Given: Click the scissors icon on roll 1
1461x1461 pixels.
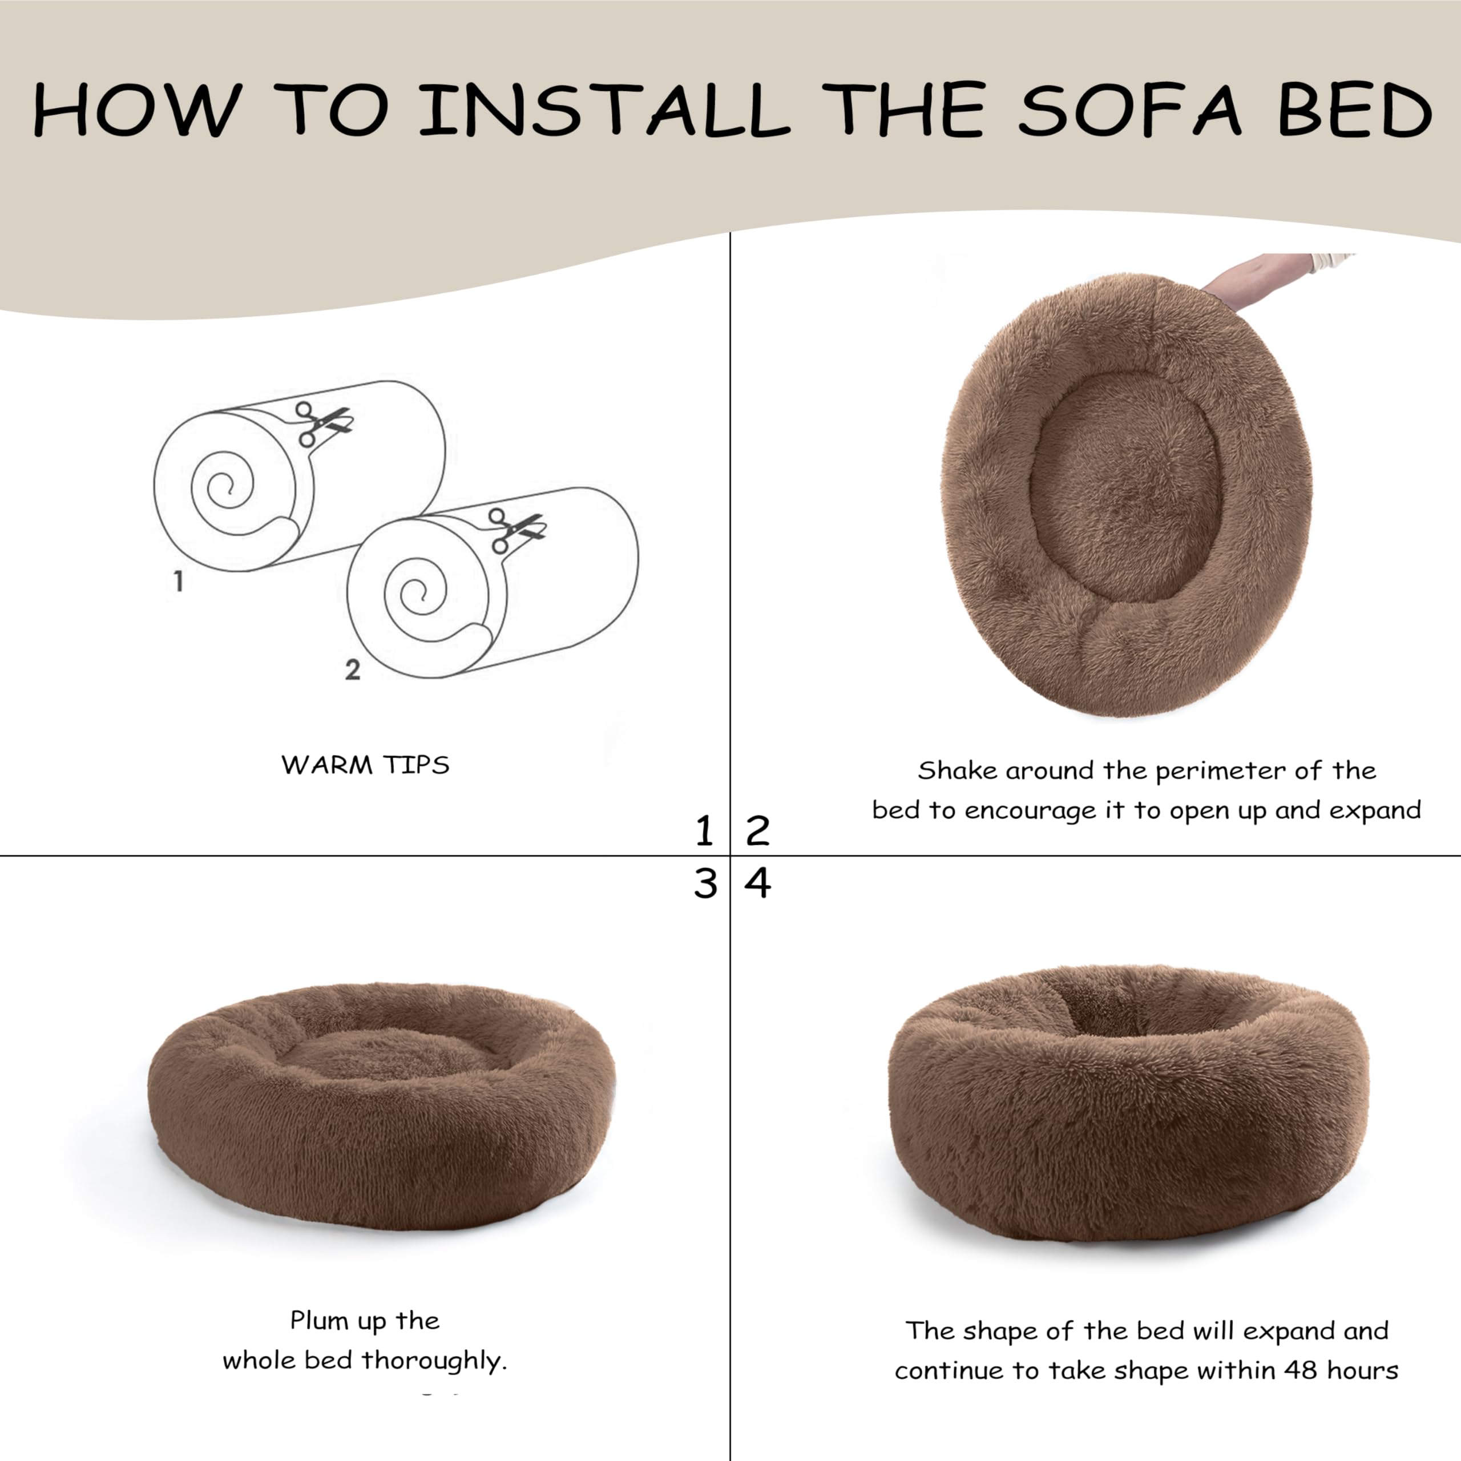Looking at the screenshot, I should pos(322,423).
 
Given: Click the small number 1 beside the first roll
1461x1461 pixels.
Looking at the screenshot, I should pos(179,581).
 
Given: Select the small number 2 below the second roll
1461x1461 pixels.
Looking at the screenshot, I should pos(352,669).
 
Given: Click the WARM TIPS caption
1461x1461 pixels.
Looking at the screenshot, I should pos(365,765).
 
